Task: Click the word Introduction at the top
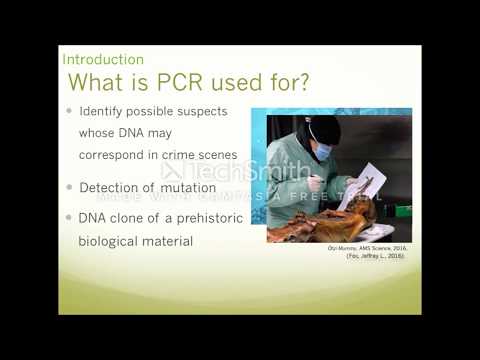pos(103,60)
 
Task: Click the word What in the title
pos(100,82)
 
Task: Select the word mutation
pos(184,187)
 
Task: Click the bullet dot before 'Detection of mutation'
pos(69,187)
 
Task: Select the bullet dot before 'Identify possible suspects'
pos(69,112)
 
